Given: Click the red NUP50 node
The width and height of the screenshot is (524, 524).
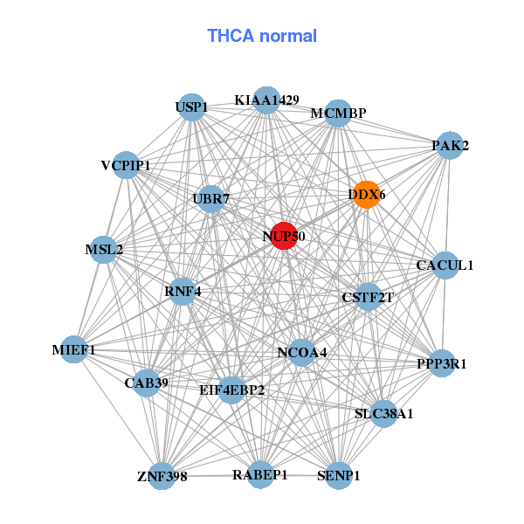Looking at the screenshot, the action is pos(283,236).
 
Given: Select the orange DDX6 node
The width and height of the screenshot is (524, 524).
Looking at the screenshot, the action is pos(367,195).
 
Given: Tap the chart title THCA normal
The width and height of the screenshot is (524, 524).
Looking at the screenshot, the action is pos(261,36).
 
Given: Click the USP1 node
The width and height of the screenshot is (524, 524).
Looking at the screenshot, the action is pos(190,108).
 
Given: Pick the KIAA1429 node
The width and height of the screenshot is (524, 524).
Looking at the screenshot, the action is pos(266,100).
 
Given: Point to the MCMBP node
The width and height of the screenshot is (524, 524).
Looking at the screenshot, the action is pos(338,114).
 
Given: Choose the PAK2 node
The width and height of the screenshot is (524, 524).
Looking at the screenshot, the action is pos(450,146).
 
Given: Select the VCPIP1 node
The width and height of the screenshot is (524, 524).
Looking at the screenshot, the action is pos(126,165).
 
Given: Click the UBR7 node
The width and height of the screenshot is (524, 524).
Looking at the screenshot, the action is pos(210,199).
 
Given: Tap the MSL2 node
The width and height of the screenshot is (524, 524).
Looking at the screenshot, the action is pos(104,250).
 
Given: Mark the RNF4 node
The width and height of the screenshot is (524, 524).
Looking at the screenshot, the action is pos(183,291).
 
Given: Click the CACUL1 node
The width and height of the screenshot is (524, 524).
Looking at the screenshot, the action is pos(445,265).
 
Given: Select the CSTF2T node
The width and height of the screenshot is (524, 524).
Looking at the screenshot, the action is pos(368,298).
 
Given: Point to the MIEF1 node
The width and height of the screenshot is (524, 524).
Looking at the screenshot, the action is pos(73,350).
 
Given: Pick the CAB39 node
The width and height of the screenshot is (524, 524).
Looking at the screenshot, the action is pos(146,383).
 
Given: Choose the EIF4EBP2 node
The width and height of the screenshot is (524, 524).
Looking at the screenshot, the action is pos(231,390).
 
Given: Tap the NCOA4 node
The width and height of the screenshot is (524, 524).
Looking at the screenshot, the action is pos(301,353).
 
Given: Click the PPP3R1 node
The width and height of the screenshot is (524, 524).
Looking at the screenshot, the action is pos(441,362).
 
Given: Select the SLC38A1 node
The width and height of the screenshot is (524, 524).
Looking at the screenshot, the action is pos(384,413).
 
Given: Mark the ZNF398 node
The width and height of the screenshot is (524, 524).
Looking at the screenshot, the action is pos(162,476).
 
